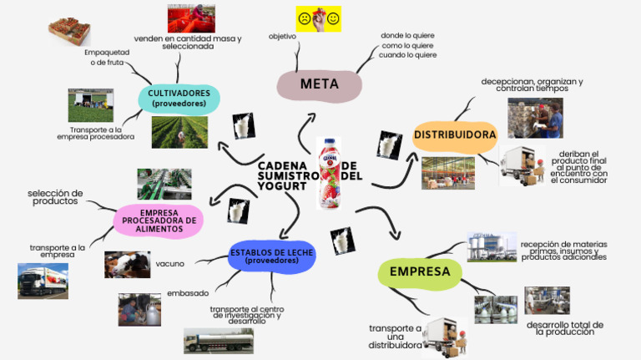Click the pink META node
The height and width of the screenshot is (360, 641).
click(320, 84)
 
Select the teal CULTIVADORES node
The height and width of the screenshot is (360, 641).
click(179, 98)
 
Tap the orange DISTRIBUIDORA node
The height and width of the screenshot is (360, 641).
click(455, 134)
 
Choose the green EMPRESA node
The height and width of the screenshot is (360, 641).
click(420, 271)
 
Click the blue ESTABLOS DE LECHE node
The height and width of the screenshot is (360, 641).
click(271, 256)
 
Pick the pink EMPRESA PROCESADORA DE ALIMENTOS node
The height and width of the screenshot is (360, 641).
click(159, 221)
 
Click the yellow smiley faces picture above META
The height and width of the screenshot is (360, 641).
click(319, 19)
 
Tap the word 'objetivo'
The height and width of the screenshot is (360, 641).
click(282, 37)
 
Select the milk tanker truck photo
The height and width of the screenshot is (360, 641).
click(219, 340)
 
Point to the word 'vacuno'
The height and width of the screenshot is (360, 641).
click(169, 264)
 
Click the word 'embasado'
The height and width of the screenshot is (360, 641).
click(188, 293)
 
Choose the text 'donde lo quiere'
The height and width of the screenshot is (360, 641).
click(407, 36)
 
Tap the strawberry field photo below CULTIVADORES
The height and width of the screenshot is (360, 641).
click(179, 132)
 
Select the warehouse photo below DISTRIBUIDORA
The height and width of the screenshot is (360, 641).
click(447, 172)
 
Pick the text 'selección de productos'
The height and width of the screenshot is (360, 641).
click(55, 197)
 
